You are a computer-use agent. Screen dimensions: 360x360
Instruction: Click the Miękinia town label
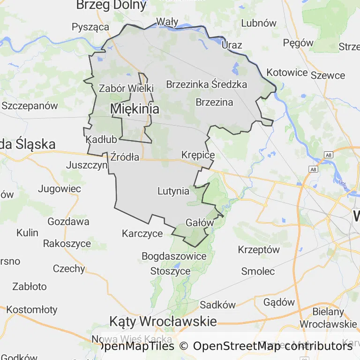pos(135,109)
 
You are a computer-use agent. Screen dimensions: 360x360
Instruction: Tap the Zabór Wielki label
pos(127,88)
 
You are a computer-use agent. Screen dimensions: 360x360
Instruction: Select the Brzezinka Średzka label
pos(206,85)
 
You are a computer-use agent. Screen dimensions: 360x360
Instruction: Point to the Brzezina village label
pos(214,102)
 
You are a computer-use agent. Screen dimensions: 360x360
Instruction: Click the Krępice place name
pos(198,155)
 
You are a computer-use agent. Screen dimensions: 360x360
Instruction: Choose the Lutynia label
pos(173,191)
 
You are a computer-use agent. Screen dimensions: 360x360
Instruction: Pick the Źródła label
pos(125,157)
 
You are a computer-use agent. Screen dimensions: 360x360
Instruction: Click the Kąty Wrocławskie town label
pos(163,322)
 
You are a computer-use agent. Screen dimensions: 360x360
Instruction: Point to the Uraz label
pos(232,45)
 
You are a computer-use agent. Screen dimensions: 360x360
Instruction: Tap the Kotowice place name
pos(287,73)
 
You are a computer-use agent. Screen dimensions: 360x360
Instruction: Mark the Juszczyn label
pos(87,165)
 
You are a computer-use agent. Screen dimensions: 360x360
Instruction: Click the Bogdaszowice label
pos(174,256)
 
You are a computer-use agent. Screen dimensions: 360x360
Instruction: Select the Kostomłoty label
pos(32,310)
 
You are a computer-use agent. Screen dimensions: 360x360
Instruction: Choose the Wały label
pos(167,22)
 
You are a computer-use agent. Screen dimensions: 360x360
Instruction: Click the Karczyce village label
pos(142,233)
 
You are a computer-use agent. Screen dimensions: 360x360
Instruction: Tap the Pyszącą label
pos(90,27)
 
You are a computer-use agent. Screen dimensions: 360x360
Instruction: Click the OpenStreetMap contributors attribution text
pos(272,346)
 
